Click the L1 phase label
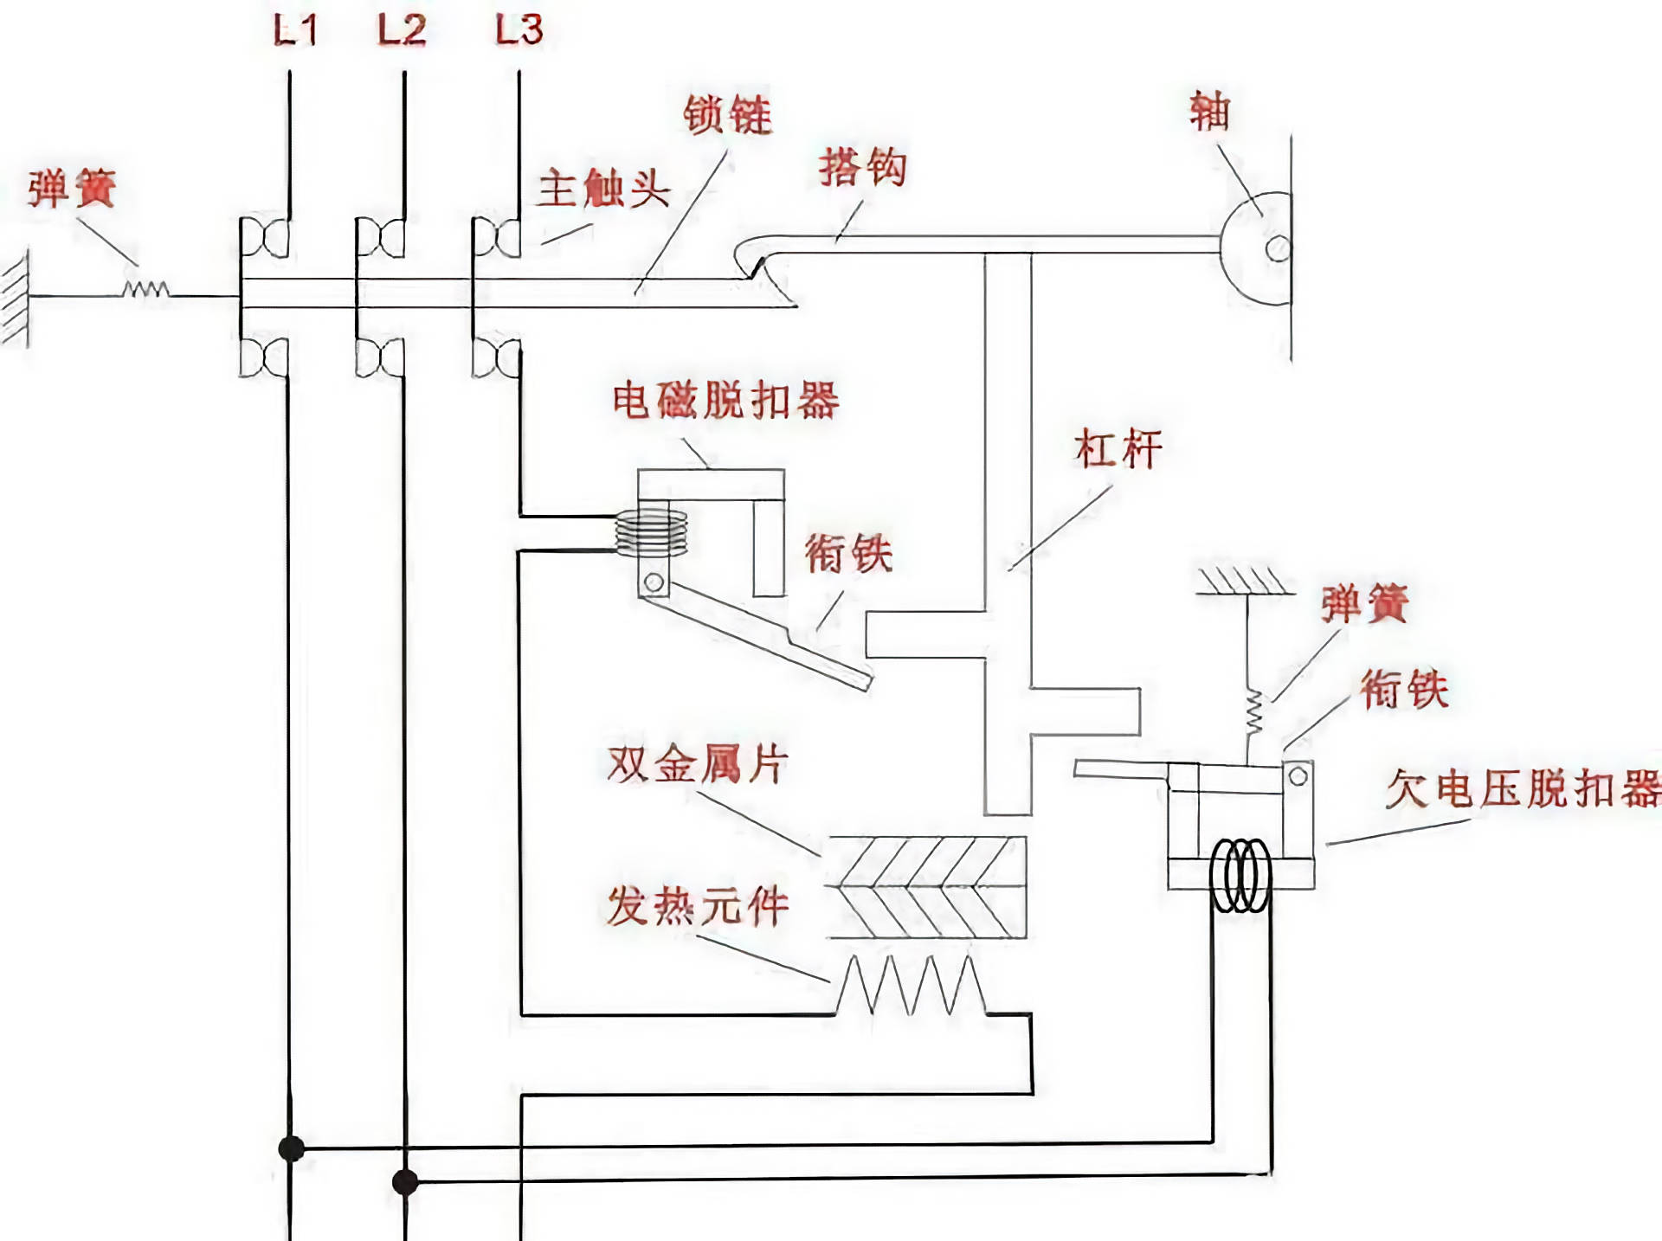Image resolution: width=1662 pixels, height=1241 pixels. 295,30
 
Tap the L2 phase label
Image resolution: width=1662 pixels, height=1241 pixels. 402,30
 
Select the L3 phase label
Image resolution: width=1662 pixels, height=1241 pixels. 519,30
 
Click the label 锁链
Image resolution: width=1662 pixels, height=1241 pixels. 727,115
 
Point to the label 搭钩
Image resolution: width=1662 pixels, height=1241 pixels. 862,167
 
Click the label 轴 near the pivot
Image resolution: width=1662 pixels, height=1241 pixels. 1208,112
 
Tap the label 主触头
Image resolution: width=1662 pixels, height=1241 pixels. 603,189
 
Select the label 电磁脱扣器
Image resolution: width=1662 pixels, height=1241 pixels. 725,401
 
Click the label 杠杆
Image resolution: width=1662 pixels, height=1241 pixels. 1118,449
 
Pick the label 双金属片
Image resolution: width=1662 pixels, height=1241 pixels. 698,764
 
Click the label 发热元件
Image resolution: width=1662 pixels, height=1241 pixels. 698,906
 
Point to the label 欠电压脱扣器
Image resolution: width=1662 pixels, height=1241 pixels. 1523,788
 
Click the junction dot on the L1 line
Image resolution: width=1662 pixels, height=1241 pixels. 291,1149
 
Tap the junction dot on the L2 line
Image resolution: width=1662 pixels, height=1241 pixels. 405,1181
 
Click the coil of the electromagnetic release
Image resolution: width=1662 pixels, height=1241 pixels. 651,532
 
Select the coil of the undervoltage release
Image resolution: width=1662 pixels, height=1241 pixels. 1240,875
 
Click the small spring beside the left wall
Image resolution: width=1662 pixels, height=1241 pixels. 145,289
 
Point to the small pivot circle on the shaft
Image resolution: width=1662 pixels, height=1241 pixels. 1278,249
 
